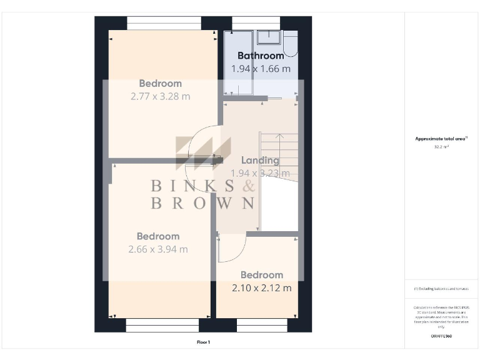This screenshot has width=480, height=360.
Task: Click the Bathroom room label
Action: (x=261, y=56)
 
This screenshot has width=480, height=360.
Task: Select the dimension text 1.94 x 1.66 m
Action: (x=261, y=69)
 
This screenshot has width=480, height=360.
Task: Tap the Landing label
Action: (x=260, y=160)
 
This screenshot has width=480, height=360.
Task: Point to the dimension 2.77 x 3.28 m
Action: (x=161, y=97)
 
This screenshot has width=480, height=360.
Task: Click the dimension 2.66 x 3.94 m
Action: (x=158, y=249)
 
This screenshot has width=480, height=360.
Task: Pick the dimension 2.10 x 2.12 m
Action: (x=262, y=288)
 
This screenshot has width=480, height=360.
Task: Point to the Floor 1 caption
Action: (x=203, y=342)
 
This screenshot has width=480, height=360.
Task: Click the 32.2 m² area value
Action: (x=442, y=147)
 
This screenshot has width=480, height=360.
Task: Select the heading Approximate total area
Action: (x=441, y=139)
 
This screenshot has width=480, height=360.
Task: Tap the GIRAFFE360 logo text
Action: (x=441, y=336)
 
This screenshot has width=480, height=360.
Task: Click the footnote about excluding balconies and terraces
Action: (x=441, y=289)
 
